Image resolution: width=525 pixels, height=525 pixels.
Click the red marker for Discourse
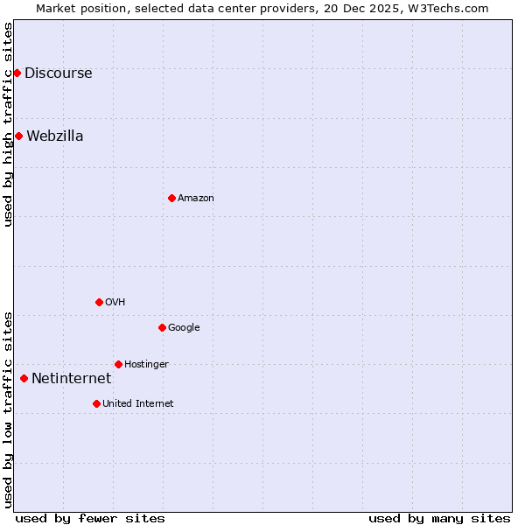pos(17,73)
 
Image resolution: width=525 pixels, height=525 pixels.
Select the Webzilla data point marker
pos(18,136)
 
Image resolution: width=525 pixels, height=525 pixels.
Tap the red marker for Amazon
pos(171,198)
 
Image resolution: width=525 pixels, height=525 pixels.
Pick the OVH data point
pos(99,302)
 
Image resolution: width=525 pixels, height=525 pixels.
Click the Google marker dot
pos(162,327)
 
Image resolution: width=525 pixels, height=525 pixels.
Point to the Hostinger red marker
pos(118,364)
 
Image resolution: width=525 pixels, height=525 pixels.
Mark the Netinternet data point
pos(24,378)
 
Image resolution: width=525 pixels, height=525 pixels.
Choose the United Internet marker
pos(96,403)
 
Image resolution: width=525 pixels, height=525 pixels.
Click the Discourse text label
pos(58,73)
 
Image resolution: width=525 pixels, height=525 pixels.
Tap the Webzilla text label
pos(54,136)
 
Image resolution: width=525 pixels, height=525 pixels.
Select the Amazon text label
pos(195,199)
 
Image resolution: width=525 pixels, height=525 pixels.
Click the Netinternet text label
pos(71,379)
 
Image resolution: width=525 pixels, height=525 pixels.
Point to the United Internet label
pos(137,404)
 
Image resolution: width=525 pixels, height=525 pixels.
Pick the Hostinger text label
pos(146,365)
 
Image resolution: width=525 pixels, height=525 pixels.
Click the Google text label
pos(184,328)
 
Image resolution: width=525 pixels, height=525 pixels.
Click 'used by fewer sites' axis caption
pos(90,518)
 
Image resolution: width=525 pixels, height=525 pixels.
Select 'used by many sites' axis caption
pos(439,518)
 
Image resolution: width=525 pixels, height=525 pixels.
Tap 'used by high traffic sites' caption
pos(9,124)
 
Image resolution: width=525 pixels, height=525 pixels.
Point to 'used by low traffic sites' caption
pos(9,409)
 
